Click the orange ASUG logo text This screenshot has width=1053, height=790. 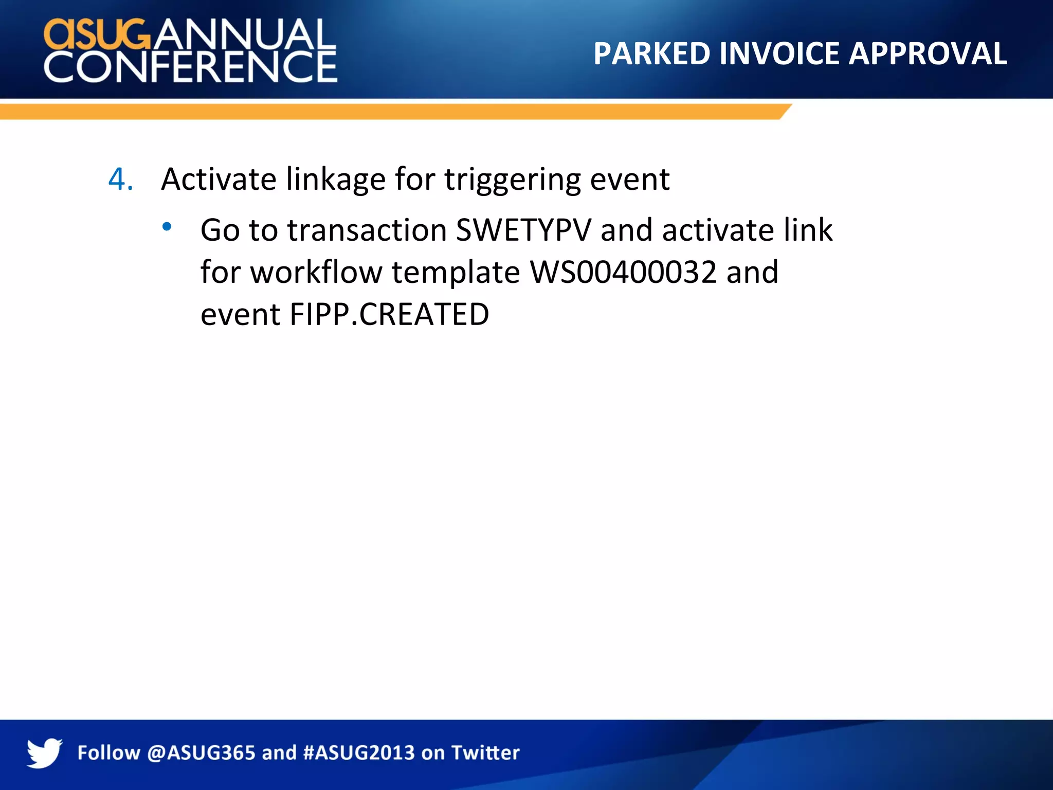[x=97, y=34]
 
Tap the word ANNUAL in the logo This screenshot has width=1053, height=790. [x=243, y=34]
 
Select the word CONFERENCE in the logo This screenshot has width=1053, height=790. [x=190, y=66]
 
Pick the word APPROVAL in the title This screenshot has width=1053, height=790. [x=928, y=53]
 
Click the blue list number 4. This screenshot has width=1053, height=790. [x=120, y=179]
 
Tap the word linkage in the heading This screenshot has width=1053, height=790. [x=336, y=179]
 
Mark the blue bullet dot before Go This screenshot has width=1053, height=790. [x=167, y=226]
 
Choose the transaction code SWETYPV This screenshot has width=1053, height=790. [x=524, y=230]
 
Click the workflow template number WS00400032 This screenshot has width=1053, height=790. [x=623, y=272]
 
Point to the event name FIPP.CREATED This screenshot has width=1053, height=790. [x=389, y=314]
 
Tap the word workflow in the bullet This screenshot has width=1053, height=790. [x=316, y=272]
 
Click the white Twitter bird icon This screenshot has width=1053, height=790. [x=44, y=753]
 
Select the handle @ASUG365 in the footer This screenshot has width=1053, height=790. [x=201, y=753]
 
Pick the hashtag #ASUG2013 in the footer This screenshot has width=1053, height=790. [x=359, y=753]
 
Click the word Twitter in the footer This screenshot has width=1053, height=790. [x=485, y=753]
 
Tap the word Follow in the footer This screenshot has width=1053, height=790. [x=108, y=753]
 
